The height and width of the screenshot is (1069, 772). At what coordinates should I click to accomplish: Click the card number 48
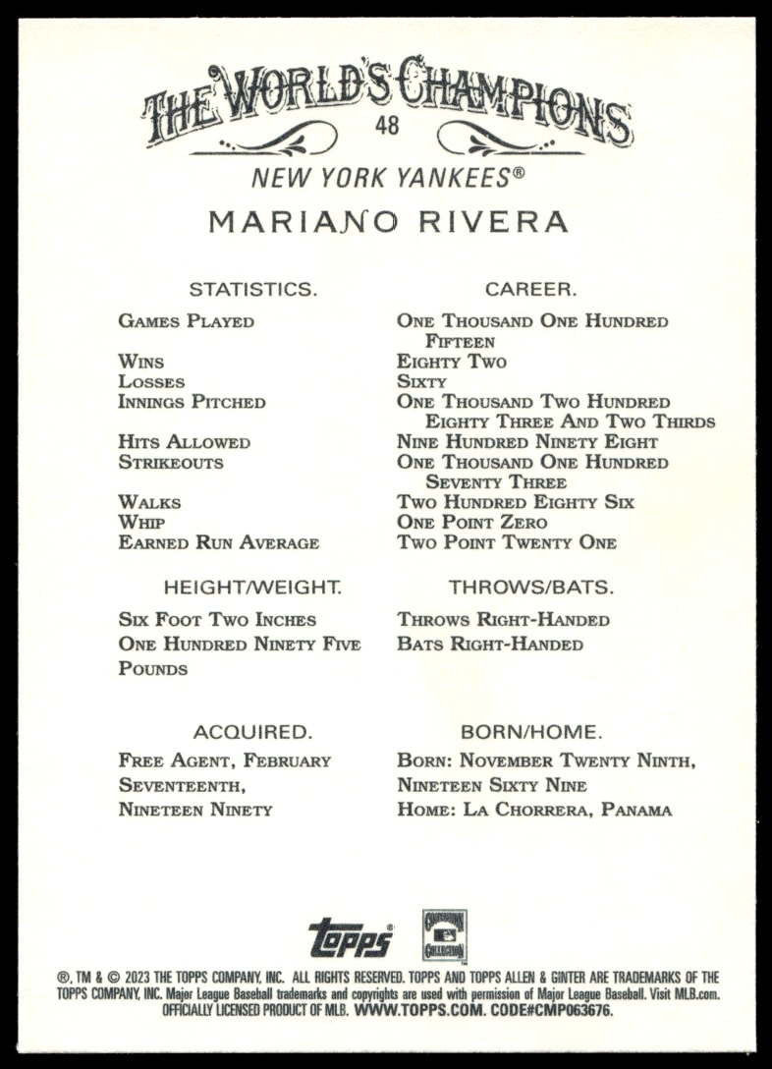click(x=385, y=128)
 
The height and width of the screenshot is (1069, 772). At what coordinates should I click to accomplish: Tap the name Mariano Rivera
click(x=388, y=221)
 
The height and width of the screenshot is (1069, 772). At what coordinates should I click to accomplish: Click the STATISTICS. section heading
click(x=252, y=289)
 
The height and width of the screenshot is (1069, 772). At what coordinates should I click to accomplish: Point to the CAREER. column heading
click(x=530, y=289)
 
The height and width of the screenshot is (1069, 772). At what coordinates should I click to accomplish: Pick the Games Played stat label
click(x=186, y=321)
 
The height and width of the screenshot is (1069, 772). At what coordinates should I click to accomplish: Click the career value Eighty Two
click(x=452, y=362)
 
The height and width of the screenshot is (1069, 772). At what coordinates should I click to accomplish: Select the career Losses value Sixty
click(x=421, y=382)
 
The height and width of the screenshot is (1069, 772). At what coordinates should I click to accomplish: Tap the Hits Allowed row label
click(x=184, y=442)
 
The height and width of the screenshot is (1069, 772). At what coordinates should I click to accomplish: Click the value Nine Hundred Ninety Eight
click(x=527, y=442)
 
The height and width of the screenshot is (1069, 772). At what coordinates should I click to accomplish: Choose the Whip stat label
click(x=141, y=523)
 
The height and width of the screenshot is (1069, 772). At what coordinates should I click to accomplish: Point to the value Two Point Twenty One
click(x=507, y=542)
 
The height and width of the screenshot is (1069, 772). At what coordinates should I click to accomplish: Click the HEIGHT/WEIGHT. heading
click(x=252, y=588)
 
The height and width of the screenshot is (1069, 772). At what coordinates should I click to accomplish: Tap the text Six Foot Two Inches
click(x=217, y=620)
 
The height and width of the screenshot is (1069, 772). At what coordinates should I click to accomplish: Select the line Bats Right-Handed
click(x=490, y=645)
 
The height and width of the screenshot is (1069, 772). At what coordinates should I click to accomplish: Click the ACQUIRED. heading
click(x=252, y=732)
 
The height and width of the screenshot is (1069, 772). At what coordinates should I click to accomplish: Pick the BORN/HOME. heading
click(x=530, y=732)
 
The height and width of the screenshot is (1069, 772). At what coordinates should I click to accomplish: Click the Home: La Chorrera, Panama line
click(x=534, y=811)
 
